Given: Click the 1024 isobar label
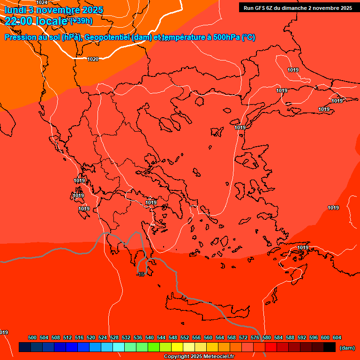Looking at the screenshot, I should (42, 2).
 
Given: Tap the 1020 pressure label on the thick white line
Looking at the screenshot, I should (93, 59).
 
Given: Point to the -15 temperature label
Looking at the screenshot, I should (141, 274).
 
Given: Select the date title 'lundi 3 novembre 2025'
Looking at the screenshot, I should (54, 10).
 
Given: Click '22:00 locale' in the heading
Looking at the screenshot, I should (36, 21).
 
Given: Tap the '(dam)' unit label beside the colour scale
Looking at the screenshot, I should (347, 347).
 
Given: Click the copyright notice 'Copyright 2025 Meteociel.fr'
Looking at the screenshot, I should (198, 357).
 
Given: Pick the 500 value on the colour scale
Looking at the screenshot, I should (32, 337).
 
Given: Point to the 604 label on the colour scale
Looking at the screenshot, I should (337, 337).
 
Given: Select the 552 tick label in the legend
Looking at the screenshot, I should (185, 337).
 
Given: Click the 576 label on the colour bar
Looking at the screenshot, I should (255, 337).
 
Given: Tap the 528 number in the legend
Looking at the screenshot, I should (114, 337).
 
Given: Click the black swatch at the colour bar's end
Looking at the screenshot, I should (330, 347).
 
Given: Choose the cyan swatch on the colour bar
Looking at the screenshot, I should (119, 347).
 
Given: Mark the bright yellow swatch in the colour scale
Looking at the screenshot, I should (177, 347).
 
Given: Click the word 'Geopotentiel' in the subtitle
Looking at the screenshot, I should (107, 37).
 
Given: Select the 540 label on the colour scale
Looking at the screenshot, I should (150, 337).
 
